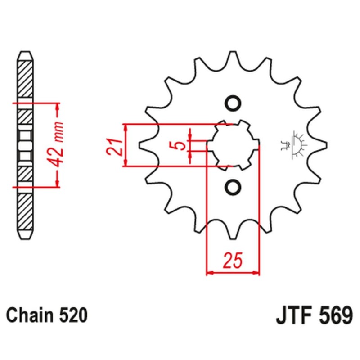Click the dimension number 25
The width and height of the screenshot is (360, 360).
click(233, 261)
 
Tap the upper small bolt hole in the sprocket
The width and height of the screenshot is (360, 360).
click(233, 103)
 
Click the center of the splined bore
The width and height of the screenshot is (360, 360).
click(233, 145)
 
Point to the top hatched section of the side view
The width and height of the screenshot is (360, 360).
click(25, 76)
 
